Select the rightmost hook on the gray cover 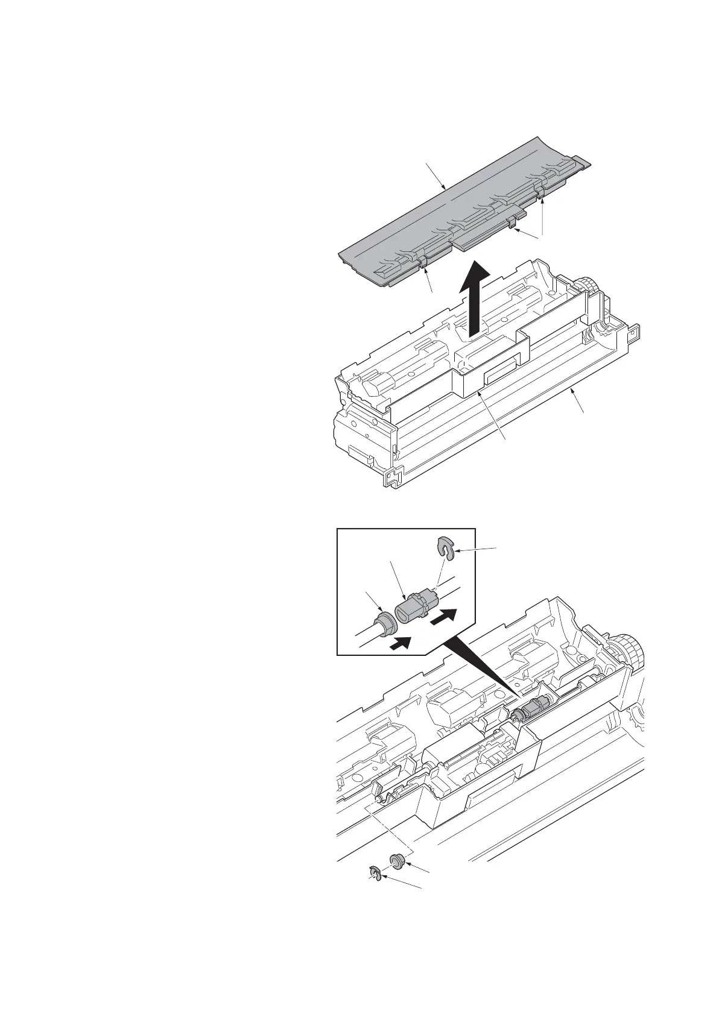tap(540, 192)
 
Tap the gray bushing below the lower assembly tap(396, 860)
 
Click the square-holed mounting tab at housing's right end tap(634, 333)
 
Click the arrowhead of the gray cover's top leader tap(445, 190)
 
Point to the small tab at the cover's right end tap(582, 160)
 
